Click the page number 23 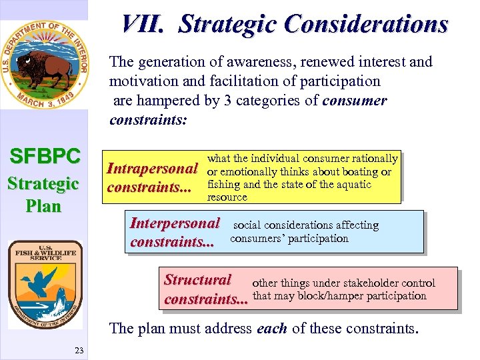79,351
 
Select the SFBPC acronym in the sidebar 45,157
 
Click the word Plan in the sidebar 44,206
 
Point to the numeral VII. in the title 143,24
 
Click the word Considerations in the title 366,24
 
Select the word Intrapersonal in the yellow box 153,168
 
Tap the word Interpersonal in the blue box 175,223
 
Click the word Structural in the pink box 197,280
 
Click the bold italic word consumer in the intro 354,101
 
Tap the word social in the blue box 246,225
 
